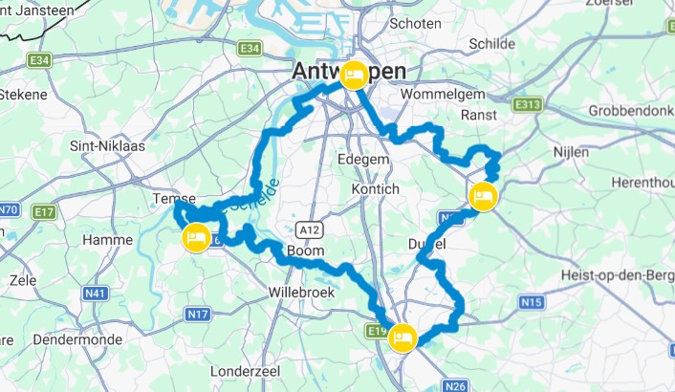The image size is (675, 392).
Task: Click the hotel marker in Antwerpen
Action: (x=354, y=76)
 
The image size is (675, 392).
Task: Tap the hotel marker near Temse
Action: (x=196, y=238)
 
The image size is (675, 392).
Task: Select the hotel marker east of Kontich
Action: (x=483, y=197)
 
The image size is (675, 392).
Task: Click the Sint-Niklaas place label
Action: (x=100, y=147)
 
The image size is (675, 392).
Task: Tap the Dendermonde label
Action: (x=74, y=339)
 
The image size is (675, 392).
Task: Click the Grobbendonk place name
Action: (x=631, y=110)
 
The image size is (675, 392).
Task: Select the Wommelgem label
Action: (x=446, y=96)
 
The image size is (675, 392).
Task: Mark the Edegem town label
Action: (x=363, y=161)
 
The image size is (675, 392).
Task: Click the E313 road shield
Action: (x=528, y=104)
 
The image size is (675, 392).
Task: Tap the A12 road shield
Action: (x=307, y=229)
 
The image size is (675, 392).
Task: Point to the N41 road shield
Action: (x=95, y=294)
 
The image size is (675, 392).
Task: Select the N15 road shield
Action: (x=532, y=302)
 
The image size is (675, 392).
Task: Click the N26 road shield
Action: (x=456, y=385)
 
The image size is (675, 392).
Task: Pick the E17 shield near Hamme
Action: (x=43, y=211)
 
